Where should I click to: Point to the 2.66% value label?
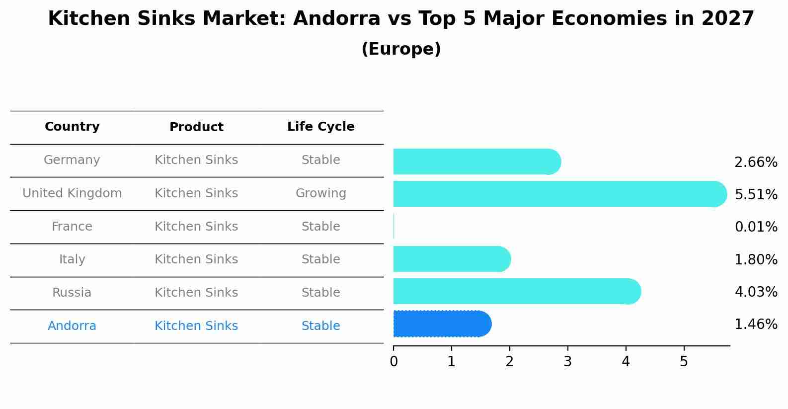click(x=756, y=163)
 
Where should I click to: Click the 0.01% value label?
click(x=756, y=227)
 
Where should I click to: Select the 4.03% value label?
click(x=756, y=292)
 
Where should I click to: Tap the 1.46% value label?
click(x=756, y=325)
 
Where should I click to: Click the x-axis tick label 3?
click(x=567, y=362)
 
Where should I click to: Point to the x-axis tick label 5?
click(x=684, y=362)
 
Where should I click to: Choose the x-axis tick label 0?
click(x=394, y=362)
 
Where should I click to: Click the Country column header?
click(x=72, y=127)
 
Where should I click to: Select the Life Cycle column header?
click(x=320, y=127)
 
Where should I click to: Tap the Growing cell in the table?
click(x=320, y=193)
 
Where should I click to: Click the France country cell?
click(x=72, y=227)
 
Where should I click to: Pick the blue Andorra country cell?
click(x=72, y=326)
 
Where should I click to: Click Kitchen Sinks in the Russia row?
click(x=196, y=293)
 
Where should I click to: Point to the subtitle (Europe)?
click(x=401, y=49)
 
